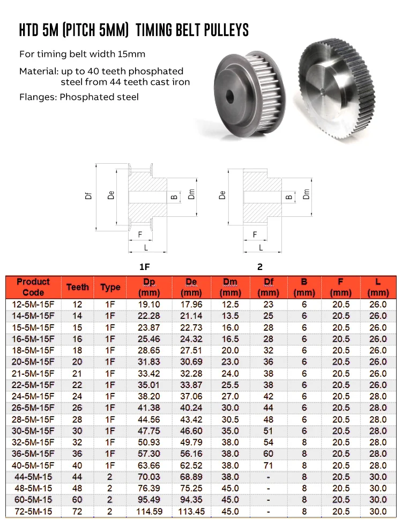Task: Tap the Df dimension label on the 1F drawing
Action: coord(89,196)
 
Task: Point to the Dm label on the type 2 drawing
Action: coord(306,195)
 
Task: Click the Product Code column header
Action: coord(33,287)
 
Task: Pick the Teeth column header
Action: coord(78,287)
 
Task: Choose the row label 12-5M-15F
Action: coord(33,304)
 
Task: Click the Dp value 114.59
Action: coord(149,512)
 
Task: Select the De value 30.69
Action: coord(191,362)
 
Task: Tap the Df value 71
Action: coord(268,465)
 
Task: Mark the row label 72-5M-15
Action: coord(33,512)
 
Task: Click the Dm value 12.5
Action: coord(230,304)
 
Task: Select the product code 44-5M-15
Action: coord(33,477)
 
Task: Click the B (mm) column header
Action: coord(304,287)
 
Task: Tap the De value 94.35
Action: coord(191,500)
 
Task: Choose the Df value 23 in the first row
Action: coord(268,304)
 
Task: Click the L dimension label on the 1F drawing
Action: coord(146,247)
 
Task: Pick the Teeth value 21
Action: coord(78,374)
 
